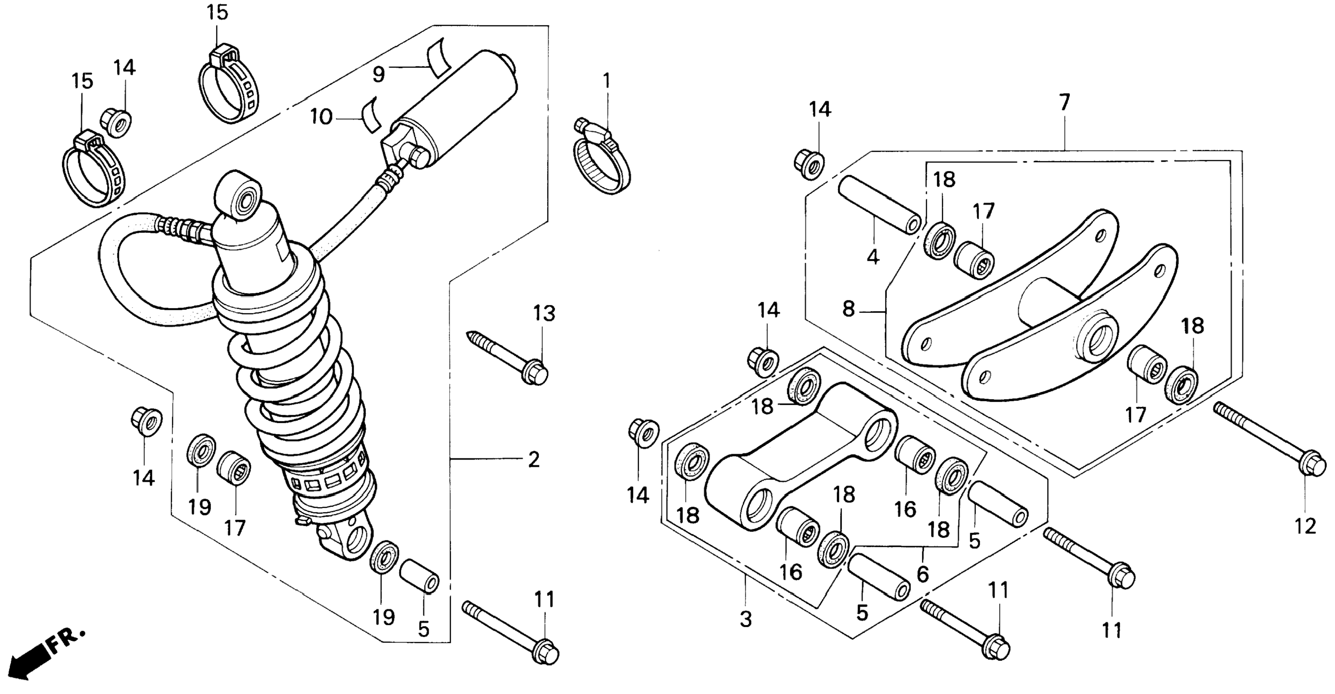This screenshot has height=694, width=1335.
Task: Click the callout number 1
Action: pyautogui.click(x=607, y=81)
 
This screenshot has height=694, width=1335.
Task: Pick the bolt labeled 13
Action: pyautogui.click(x=508, y=358)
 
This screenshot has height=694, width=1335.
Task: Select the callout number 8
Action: pyautogui.click(x=848, y=309)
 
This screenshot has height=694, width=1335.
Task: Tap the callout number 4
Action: pyautogui.click(x=873, y=257)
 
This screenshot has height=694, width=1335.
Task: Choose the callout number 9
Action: pyautogui.click(x=379, y=75)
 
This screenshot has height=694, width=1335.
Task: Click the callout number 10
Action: pyautogui.click(x=321, y=117)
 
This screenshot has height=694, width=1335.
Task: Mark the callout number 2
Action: pyautogui.click(x=534, y=460)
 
